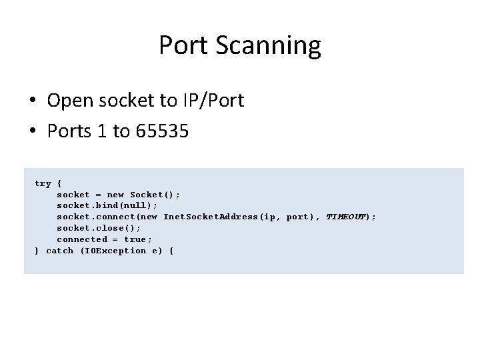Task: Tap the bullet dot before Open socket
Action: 33,101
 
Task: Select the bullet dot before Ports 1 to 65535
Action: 33,132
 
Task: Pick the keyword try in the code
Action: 43,183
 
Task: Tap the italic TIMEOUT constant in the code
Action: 345,217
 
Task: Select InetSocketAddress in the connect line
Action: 211,217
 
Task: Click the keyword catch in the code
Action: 59,251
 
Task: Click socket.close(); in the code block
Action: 99,228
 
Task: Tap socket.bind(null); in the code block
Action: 107,205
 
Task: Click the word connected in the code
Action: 81,239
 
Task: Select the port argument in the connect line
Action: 297,217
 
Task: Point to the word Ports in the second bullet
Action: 67,131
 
